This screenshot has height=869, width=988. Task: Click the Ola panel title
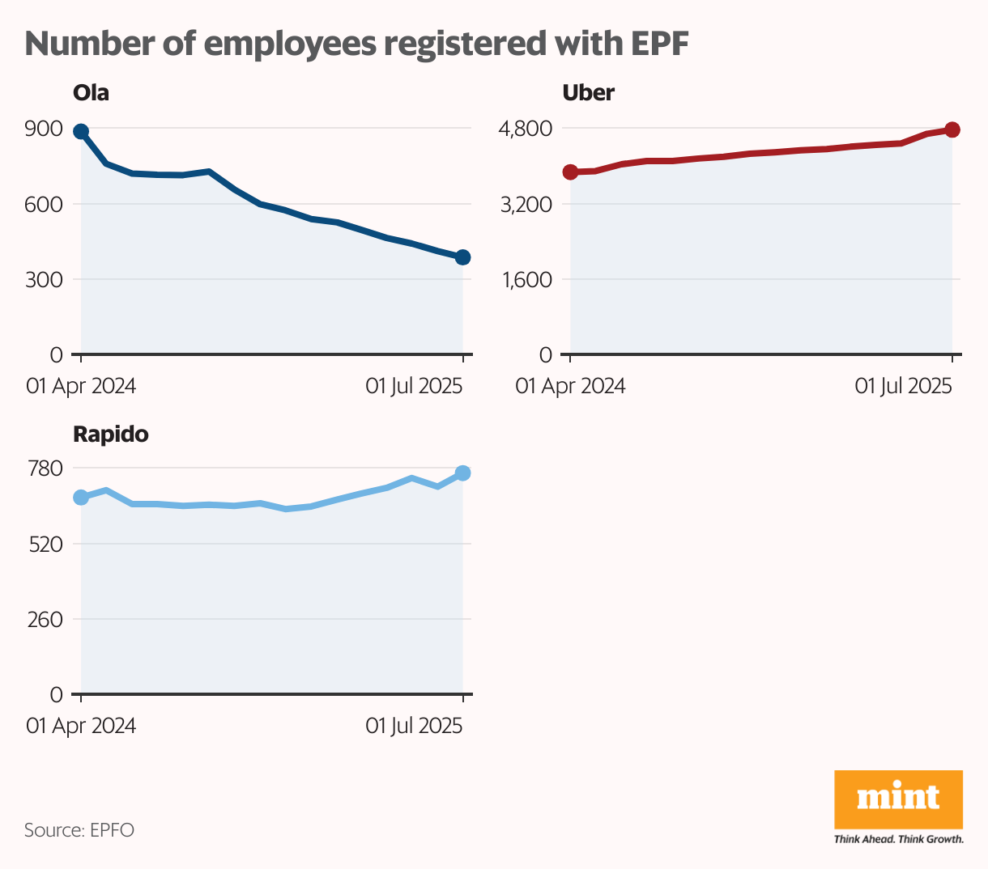tap(91, 93)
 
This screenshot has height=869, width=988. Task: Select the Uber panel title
tap(588, 93)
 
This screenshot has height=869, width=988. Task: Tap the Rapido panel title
tap(111, 434)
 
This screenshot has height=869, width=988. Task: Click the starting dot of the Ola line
tap(81, 132)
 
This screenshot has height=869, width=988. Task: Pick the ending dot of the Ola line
tap(462, 257)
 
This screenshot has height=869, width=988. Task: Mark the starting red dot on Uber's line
tap(570, 172)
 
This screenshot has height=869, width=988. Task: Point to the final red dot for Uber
tap(952, 130)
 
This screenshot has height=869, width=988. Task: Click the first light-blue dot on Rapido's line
tap(81, 498)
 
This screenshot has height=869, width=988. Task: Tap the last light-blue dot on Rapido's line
tap(462, 473)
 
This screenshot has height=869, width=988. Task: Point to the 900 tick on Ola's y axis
tap(44, 129)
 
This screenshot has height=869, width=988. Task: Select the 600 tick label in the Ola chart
tap(44, 204)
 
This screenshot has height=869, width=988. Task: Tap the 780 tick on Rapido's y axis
tap(45, 468)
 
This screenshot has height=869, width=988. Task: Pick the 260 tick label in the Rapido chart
tap(45, 620)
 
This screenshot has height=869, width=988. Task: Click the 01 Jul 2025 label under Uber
tap(903, 386)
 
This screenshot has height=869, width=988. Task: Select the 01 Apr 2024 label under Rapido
tap(81, 726)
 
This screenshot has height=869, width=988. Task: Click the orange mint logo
tap(898, 799)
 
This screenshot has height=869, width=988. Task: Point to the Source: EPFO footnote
tap(79, 830)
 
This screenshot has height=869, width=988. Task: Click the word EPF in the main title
tap(659, 45)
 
